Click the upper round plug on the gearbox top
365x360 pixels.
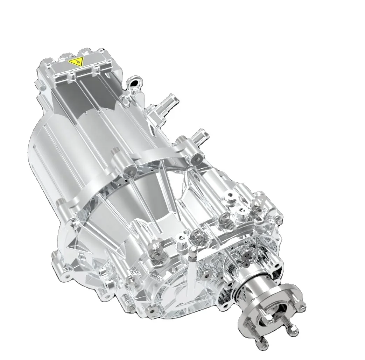[x=231, y=196]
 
